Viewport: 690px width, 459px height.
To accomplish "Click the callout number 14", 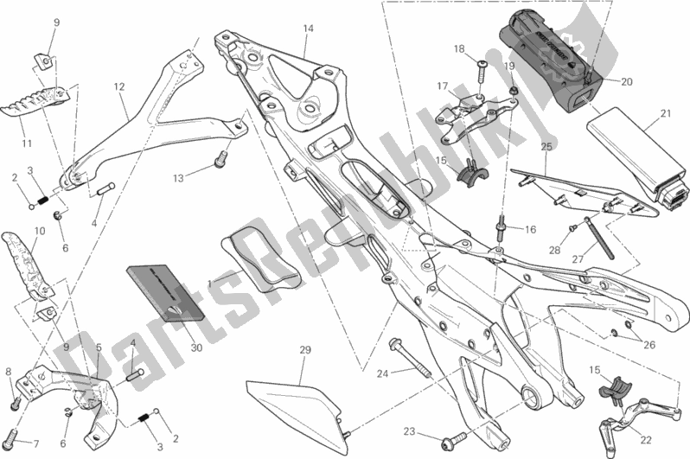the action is coord(307,29).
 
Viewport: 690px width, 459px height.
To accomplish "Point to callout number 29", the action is coord(304,350).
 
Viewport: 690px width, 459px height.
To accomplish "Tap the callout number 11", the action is coord(26,143).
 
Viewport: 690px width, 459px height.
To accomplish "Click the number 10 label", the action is coord(39,231).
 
